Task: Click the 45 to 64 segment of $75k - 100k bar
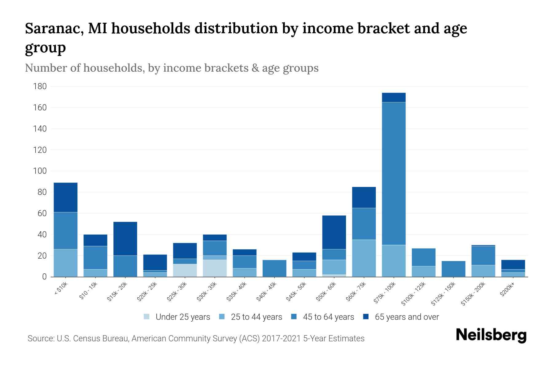(394, 174)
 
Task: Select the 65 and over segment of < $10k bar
(65, 197)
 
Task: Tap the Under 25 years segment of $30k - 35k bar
(215, 268)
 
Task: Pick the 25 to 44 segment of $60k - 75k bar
(364, 258)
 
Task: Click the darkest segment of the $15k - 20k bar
(125, 239)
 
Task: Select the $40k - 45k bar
(274, 268)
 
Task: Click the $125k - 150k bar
(453, 269)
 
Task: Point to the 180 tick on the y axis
(40, 86)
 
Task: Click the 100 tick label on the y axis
(40, 171)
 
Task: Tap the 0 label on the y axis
(44, 277)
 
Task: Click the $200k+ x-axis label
(507, 290)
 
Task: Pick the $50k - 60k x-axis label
(327, 292)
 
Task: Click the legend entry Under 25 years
(182, 317)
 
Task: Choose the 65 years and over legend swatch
(366, 317)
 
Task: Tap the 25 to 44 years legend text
(256, 317)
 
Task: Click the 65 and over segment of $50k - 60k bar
(334, 232)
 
